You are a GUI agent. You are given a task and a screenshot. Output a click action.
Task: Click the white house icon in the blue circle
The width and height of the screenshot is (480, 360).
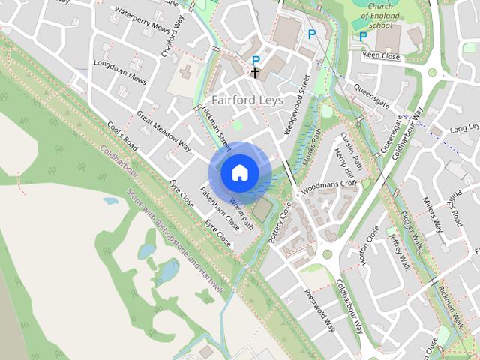tap(239, 172)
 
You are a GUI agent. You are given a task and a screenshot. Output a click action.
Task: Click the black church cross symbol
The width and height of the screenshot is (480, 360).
tap(255, 73)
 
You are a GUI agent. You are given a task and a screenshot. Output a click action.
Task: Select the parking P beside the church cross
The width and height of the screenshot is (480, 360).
tap(256, 60)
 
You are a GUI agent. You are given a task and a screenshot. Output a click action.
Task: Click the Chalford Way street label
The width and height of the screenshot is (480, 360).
tap(173, 37)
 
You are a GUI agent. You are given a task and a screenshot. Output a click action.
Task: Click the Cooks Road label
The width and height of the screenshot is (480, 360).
tap(121, 136)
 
